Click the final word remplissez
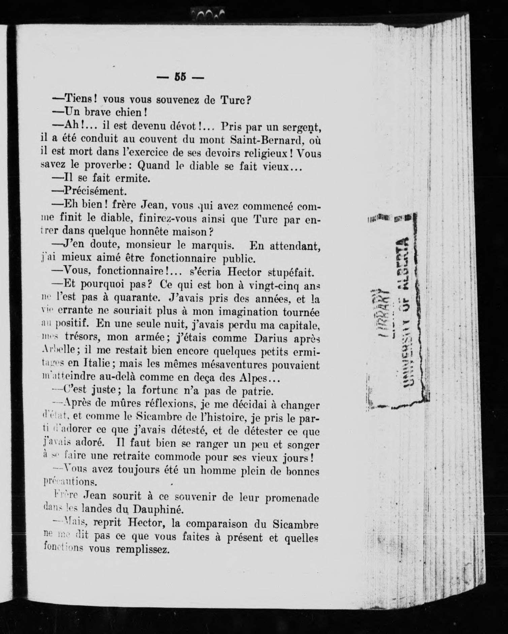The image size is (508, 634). (x=142, y=549)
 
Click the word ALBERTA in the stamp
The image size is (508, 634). (x=406, y=263)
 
